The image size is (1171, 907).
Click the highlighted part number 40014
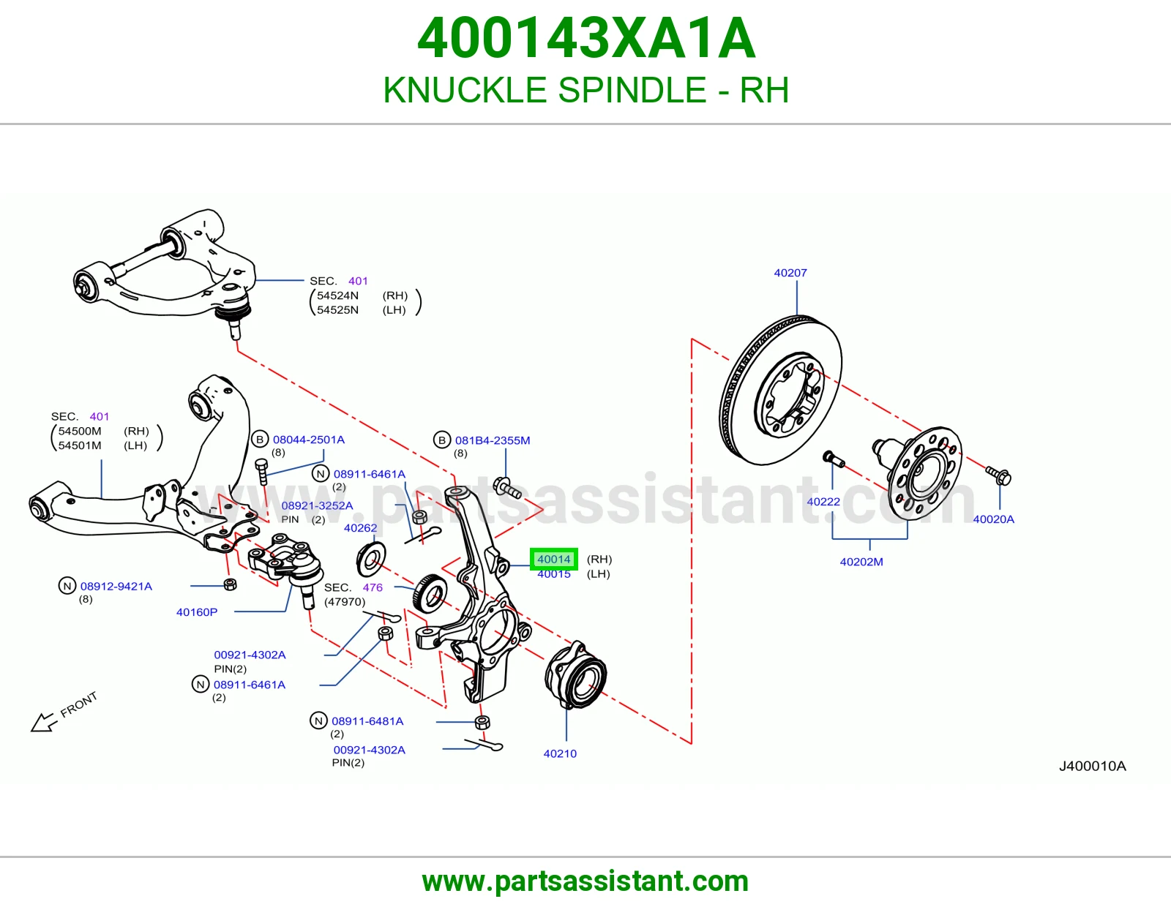click(553, 559)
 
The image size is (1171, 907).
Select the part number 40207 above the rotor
click(790, 273)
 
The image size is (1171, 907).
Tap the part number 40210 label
click(560, 753)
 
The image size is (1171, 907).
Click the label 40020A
click(993, 519)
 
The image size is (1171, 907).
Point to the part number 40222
click(823, 502)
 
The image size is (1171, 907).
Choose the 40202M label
click(861, 562)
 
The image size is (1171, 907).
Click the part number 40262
click(361, 528)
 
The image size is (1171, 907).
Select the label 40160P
click(197, 611)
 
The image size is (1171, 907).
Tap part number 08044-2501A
click(309, 440)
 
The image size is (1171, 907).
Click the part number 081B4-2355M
click(493, 440)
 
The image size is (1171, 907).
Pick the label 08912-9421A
click(116, 586)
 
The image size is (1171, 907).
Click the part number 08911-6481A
click(367, 721)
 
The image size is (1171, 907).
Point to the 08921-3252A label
click(318, 505)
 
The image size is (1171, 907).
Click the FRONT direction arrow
click(43, 722)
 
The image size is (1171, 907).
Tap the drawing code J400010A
click(1092, 766)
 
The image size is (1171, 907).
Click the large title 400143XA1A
click(586, 38)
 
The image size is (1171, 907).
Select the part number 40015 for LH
click(553, 574)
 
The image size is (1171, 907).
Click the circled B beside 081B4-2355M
click(442, 440)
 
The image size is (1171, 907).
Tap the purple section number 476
click(373, 587)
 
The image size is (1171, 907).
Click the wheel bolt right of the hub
click(998, 475)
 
